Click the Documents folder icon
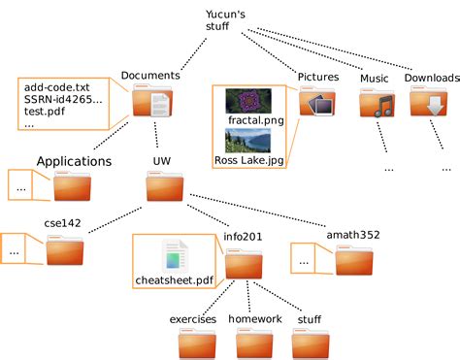click(152, 100)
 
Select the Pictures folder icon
click(317, 101)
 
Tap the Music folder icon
click(378, 103)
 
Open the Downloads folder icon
click(429, 101)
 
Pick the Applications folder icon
click(72, 186)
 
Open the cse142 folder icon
click(65, 250)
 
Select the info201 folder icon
click(244, 264)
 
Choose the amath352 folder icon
click(353, 260)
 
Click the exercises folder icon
click(197, 344)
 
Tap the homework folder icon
click(254, 344)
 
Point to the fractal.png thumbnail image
click(248, 101)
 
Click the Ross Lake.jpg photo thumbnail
click(247, 141)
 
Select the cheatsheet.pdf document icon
click(175, 255)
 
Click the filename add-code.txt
click(56, 87)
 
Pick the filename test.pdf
click(45, 112)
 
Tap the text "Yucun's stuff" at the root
click(225, 20)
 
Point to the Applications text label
click(74, 161)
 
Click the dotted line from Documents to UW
click(156, 135)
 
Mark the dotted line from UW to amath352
click(258, 211)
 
